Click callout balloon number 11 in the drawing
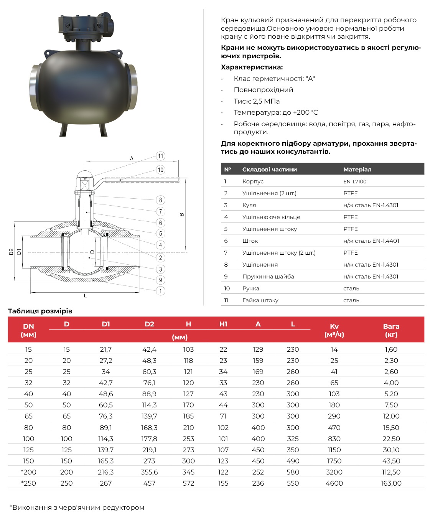(x=160, y=156)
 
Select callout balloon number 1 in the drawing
(x=160, y=291)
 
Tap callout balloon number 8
(x=160, y=200)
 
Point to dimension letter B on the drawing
(x=182, y=214)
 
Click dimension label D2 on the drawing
(x=12, y=252)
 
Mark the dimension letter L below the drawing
(x=85, y=296)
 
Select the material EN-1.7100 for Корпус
(x=355, y=181)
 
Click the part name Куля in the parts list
(x=249, y=205)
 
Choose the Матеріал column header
(x=357, y=169)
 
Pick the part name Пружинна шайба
(x=268, y=277)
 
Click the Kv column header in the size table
(x=334, y=330)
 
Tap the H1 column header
(x=223, y=324)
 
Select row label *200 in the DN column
(x=28, y=472)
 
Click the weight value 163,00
(x=391, y=483)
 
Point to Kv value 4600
(x=334, y=483)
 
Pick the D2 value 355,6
(x=149, y=472)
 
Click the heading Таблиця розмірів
(x=40, y=311)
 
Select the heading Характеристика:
(x=252, y=67)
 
